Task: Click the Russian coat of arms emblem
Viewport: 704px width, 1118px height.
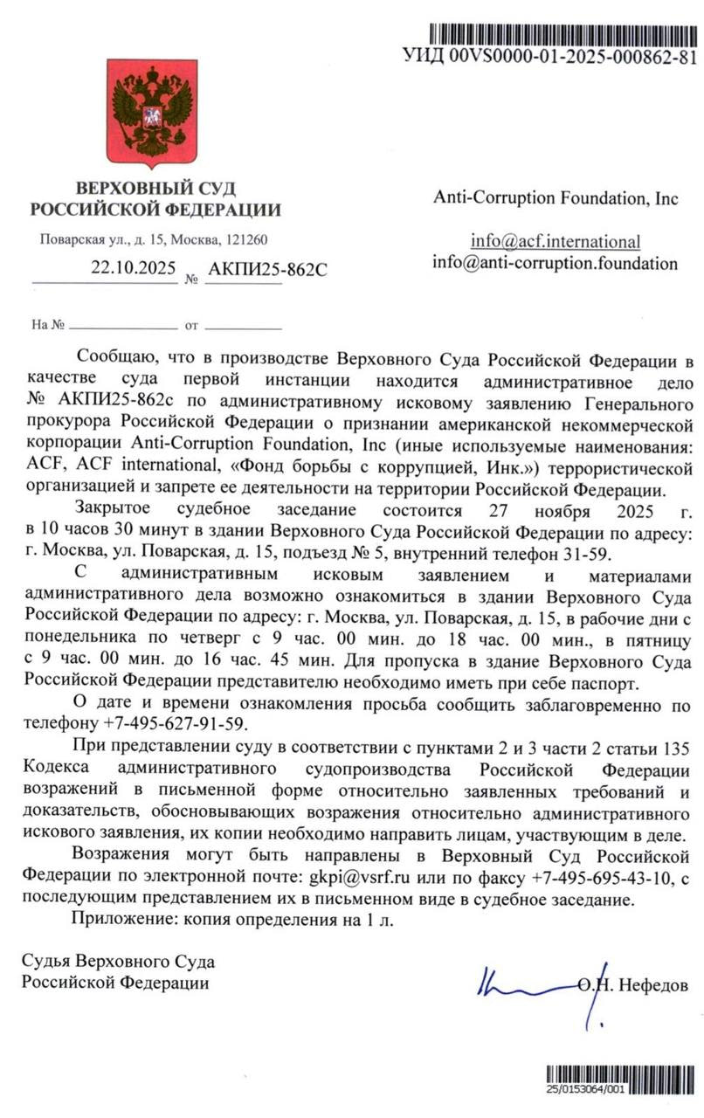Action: click(x=152, y=112)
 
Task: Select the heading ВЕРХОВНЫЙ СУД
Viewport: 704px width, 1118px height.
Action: click(x=155, y=188)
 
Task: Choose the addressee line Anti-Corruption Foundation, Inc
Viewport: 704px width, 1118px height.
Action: click(x=556, y=197)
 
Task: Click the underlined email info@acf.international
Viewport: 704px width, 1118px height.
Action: click(x=556, y=242)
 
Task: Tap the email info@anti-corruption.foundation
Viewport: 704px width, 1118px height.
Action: click(x=556, y=262)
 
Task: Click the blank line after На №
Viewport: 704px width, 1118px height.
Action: click(x=121, y=325)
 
